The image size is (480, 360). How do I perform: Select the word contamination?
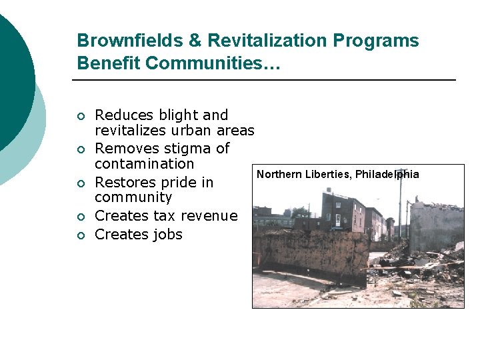pos(144,164)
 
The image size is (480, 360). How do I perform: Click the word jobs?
pos(166,235)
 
